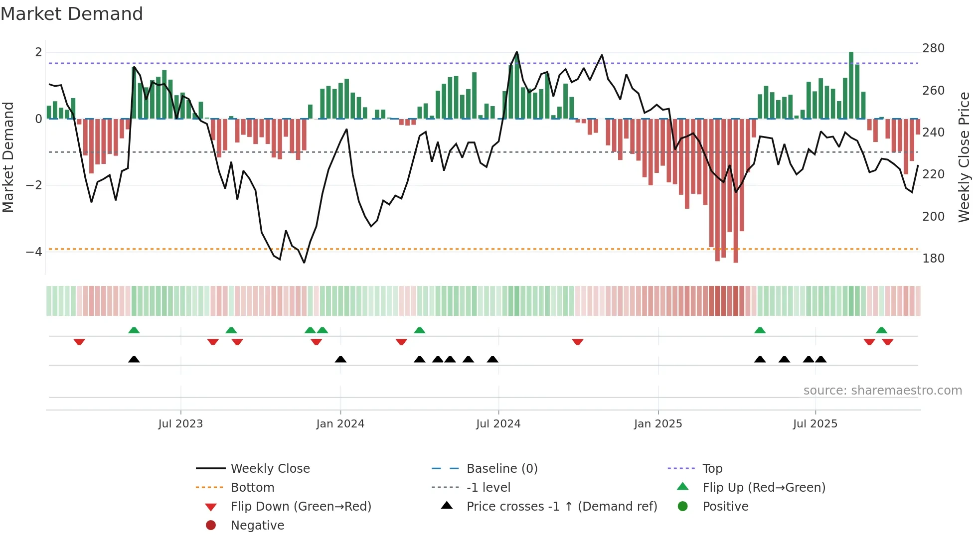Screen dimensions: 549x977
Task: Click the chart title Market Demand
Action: tap(72, 14)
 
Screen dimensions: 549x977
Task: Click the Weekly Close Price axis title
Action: tap(964, 157)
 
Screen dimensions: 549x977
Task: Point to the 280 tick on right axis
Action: tap(933, 48)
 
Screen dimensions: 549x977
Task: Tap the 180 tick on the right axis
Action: tap(933, 259)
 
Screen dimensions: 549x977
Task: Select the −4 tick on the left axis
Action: tap(34, 252)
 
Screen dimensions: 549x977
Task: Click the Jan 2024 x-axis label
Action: tap(340, 424)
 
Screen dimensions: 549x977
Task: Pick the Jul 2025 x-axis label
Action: tap(815, 424)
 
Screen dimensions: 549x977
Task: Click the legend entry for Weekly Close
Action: tap(270, 469)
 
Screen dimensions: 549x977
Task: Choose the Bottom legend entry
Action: tap(252, 488)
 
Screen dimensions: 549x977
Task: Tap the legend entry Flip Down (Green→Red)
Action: tap(301, 507)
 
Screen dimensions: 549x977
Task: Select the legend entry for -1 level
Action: tap(488, 488)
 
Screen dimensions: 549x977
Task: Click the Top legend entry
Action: tap(712, 469)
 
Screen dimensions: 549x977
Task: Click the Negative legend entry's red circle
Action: tap(211, 526)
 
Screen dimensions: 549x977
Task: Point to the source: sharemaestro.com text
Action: tap(882, 391)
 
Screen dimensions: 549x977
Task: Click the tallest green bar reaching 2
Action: tap(851, 85)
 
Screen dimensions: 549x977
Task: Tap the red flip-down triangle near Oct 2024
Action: tap(578, 342)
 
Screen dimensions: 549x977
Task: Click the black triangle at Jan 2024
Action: tap(340, 360)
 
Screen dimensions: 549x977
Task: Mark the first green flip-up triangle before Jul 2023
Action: tap(134, 330)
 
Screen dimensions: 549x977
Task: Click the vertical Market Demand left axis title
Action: tap(8, 157)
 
